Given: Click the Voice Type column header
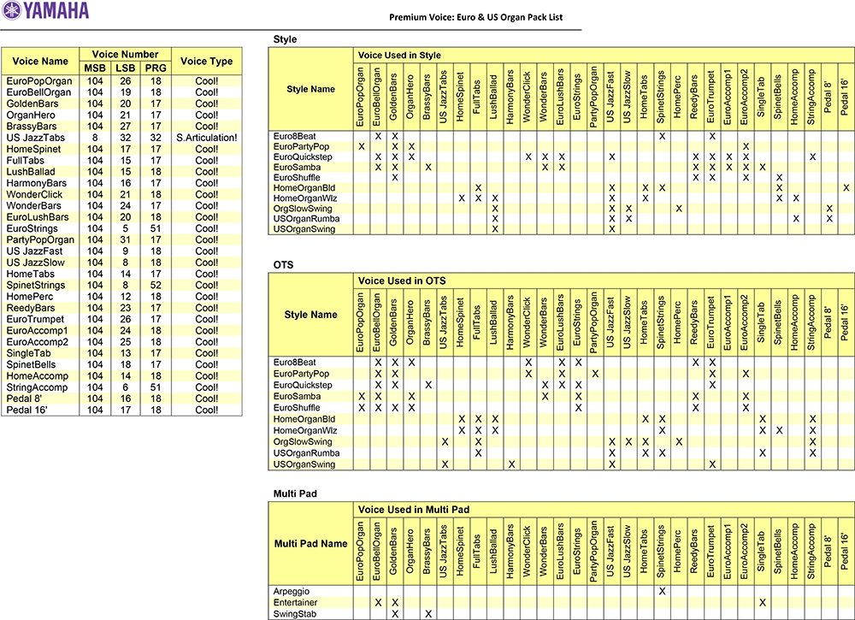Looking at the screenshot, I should (x=207, y=61).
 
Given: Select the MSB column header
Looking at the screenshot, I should (x=95, y=68).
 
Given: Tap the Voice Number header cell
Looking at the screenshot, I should (x=125, y=55).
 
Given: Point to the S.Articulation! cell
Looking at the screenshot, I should (x=207, y=138).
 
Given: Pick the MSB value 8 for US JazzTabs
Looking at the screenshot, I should (x=95, y=138).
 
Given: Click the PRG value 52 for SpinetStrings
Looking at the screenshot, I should (x=155, y=285).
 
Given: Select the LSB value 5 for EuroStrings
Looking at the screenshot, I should (x=125, y=228).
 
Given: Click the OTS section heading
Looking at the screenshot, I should (x=283, y=265).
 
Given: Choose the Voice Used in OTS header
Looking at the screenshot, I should (x=402, y=281).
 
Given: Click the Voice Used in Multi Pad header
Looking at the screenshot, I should (x=414, y=510).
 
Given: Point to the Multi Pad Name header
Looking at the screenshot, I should (x=311, y=544).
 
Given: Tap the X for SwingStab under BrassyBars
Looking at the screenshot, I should (x=427, y=614).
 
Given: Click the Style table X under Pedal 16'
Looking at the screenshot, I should (x=846, y=188).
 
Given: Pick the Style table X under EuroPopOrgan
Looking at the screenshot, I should (x=362, y=147).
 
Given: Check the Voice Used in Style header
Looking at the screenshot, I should (x=400, y=56).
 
